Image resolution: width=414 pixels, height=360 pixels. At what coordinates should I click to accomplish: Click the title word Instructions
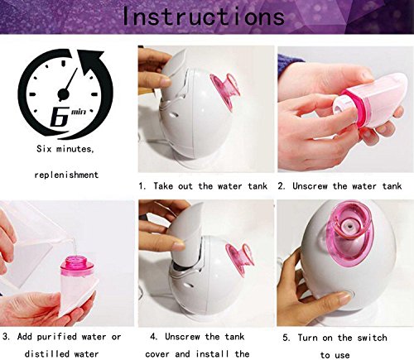204,17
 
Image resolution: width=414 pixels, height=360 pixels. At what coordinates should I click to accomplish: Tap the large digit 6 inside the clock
59,117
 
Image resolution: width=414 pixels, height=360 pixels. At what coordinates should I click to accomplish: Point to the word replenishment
66,175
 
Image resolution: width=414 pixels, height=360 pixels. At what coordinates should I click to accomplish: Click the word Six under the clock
43,149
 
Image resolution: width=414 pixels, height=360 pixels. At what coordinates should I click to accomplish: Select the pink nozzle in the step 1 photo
224,90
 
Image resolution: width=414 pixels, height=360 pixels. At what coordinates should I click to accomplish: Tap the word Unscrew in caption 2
310,186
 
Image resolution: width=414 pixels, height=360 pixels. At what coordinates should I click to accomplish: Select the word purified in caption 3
57,337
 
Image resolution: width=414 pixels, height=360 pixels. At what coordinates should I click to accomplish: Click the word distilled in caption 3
46,353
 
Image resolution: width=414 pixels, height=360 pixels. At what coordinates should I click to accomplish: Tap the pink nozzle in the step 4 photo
239,260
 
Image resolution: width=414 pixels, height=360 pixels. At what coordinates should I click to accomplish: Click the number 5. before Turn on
286,338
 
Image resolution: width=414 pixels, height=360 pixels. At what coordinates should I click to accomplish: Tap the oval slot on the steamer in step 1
173,113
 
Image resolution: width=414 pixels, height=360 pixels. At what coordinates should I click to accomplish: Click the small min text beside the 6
79,112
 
